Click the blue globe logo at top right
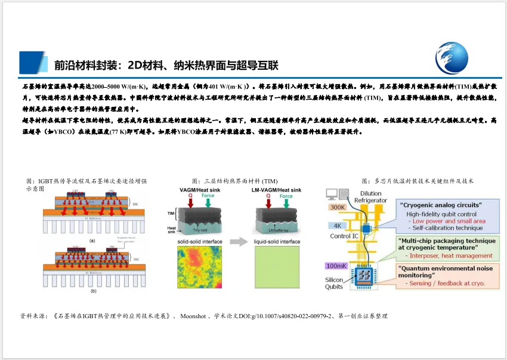(456, 57)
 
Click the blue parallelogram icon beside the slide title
(33, 62)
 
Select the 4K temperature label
(337, 226)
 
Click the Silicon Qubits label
(334, 283)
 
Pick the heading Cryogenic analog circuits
(441, 205)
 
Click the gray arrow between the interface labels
(238, 242)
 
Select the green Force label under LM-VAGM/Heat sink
(286, 196)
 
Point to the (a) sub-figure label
(92, 240)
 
